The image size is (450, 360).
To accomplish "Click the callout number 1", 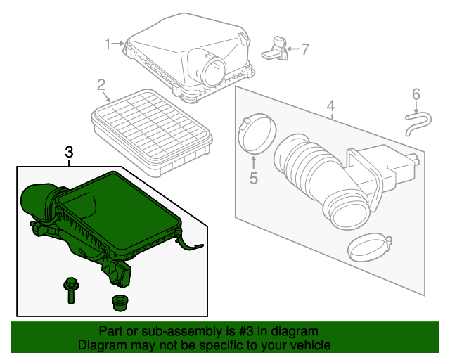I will [x=108, y=44].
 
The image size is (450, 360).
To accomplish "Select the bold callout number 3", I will [x=69, y=152].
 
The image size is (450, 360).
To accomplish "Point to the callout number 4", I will [x=330, y=107].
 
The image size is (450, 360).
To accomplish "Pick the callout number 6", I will [x=416, y=94].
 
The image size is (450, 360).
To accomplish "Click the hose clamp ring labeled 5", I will [x=251, y=134].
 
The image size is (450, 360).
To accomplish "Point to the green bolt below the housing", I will [x=71, y=289].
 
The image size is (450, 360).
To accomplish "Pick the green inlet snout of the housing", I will [x=39, y=200].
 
